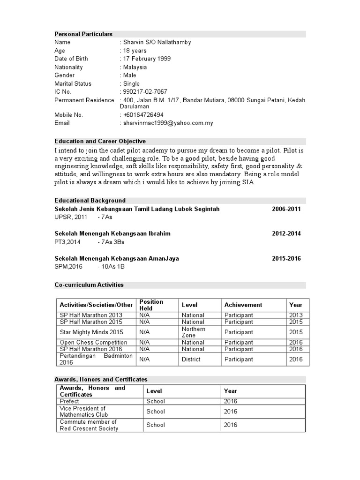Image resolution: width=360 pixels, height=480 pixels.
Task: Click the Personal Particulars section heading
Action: click(83, 34)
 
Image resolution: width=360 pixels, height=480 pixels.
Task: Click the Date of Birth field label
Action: click(71, 59)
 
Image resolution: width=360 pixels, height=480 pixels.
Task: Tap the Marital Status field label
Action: click(73, 83)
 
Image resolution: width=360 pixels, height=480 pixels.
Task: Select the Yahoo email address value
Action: click(168, 123)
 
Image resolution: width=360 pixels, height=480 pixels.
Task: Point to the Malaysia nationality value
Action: click(135, 67)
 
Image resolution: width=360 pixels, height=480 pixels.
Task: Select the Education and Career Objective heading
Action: click(100, 141)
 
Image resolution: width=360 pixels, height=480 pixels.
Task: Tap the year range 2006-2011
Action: click(286, 209)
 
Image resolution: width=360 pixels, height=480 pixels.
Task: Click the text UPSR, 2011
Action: click(71, 217)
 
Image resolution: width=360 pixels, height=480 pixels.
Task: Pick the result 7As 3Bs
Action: click(111, 242)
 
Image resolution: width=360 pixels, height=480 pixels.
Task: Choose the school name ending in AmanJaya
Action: click(116, 258)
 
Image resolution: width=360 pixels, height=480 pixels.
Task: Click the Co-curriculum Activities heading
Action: click(89, 285)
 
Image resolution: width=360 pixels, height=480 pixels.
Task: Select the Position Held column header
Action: click(151, 305)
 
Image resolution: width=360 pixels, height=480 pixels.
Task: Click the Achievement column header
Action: click(243, 305)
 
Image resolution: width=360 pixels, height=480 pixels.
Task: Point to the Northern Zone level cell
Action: click(193, 332)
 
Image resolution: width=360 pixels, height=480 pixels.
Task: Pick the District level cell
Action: click(191, 359)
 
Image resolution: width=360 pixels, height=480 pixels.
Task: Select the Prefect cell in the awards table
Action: click(70, 401)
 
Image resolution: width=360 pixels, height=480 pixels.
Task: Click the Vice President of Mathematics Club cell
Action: click(83, 411)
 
